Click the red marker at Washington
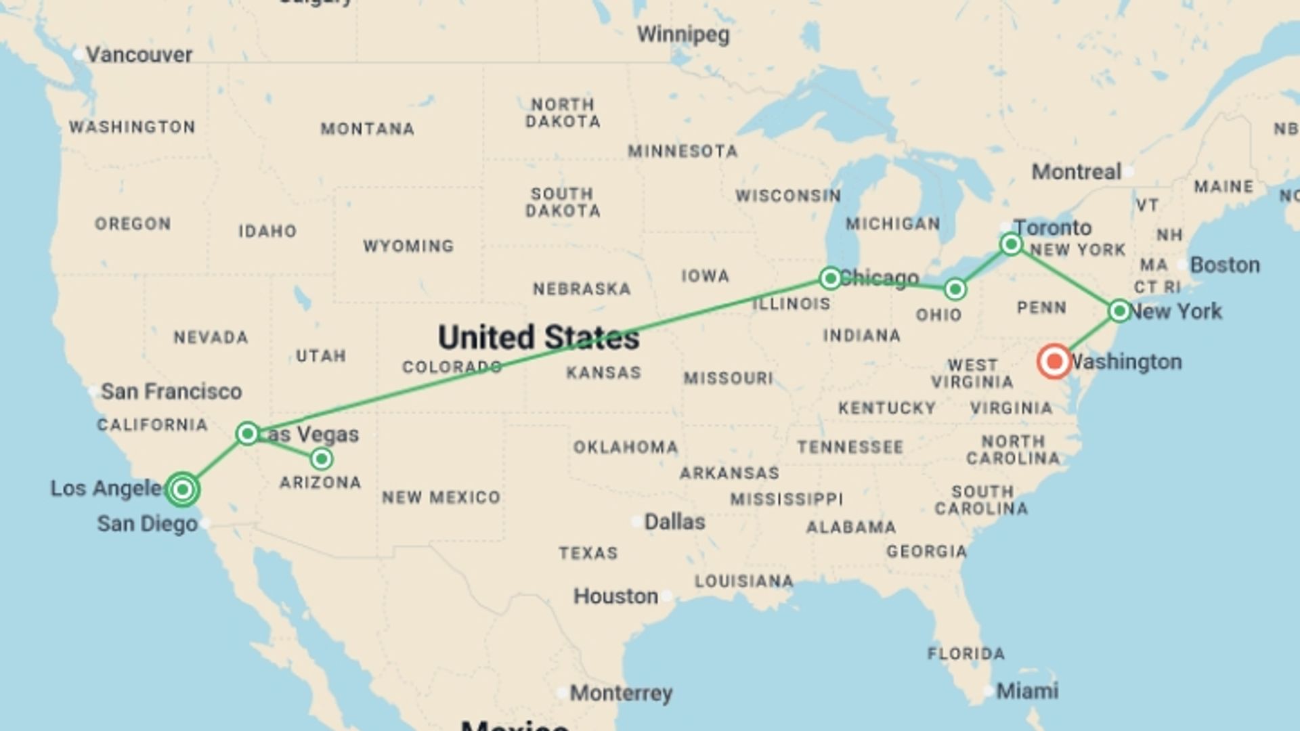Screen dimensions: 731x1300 1054,361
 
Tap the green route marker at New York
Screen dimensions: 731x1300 1120,311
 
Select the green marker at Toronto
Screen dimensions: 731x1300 1011,244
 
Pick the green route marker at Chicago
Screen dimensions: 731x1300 830,278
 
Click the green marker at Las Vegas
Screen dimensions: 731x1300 248,433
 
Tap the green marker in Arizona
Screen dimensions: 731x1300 322,459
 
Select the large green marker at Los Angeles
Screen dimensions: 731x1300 182,489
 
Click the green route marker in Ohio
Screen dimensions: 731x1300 955,290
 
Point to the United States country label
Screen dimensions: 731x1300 538,337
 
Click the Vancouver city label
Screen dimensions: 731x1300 139,54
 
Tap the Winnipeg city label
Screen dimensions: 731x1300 683,34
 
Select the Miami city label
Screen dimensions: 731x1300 1027,691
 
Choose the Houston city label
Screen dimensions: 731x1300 615,596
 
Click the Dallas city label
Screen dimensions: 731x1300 674,522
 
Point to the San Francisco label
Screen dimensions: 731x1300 171,391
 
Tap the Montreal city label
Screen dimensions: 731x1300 1077,172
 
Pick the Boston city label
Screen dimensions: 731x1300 1225,265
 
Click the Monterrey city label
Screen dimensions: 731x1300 621,693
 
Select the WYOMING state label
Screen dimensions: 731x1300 408,246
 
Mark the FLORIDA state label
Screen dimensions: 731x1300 966,654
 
